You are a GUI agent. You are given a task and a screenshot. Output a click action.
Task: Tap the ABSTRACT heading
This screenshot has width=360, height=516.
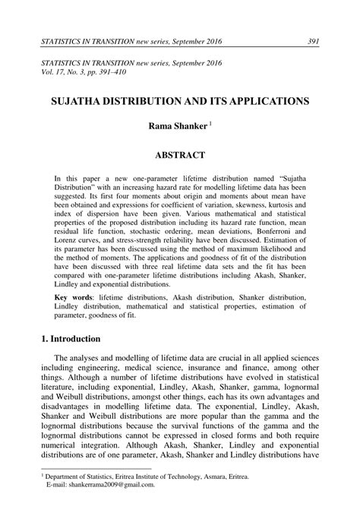180,155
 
